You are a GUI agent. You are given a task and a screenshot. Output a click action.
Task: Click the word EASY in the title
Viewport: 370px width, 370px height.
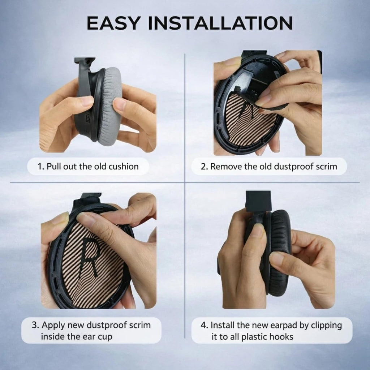click(x=113, y=23)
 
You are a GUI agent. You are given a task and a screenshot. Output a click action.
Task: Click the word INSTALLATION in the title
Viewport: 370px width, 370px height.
click(x=220, y=23)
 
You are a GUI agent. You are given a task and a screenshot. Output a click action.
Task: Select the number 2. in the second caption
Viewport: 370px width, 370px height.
click(x=204, y=167)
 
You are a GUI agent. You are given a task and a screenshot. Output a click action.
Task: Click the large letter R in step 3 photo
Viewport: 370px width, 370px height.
click(x=90, y=257)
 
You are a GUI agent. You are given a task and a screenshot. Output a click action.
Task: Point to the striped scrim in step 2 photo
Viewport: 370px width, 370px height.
click(x=248, y=123)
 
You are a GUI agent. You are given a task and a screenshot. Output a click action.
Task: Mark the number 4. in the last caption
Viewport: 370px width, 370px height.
click(x=205, y=326)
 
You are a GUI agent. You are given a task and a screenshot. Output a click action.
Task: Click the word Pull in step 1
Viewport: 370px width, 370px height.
click(x=53, y=166)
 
